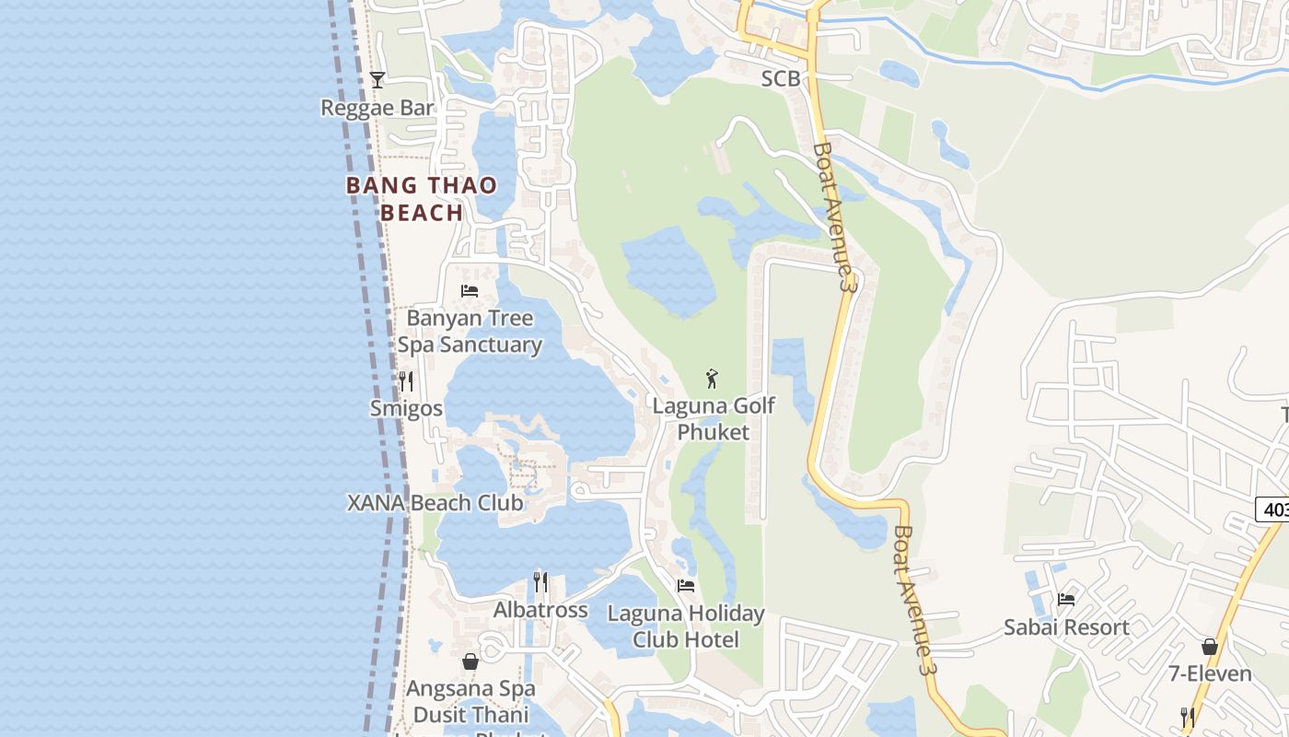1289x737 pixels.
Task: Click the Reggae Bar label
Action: pyautogui.click(x=377, y=108)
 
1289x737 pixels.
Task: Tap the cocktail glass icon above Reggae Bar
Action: pyautogui.click(x=377, y=80)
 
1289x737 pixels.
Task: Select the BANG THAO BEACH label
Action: pyautogui.click(x=422, y=199)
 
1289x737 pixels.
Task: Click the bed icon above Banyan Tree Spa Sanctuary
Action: pyautogui.click(x=470, y=291)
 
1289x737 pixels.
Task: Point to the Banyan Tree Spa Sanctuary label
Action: pyautogui.click(x=470, y=332)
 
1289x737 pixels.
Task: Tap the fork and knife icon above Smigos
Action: pyautogui.click(x=406, y=380)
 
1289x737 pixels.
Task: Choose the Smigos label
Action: pyautogui.click(x=406, y=408)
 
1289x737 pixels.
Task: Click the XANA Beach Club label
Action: pyautogui.click(x=435, y=503)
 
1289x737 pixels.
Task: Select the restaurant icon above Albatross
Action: pyautogui.click(x=540, y=582)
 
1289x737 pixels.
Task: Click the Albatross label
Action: pyautogui.click(x=540, y=610)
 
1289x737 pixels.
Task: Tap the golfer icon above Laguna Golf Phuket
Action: pyautogui.click(x=712, y=378)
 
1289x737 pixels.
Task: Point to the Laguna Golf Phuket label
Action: pyautogui.click(x=714, y=419)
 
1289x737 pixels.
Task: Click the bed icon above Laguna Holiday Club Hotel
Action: pyautogui.click(x=686, y=585)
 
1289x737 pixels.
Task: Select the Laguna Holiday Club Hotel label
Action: pyautogui.click(x=686, y=626)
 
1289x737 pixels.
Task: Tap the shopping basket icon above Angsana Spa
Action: pyautogui.click(x=470, y=661)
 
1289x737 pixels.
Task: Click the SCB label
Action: pyautogui.click(x=781, y=79)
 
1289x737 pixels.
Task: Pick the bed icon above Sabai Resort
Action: pyautogui.click(x=1066, y=600)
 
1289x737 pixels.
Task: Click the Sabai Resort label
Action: pyautogui.click(x=1066, y=627)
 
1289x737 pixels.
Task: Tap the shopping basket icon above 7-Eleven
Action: pyautogui.click(x=1210, y=647)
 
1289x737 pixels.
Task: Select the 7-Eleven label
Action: pyautogui.click(x=1210, y=674)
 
